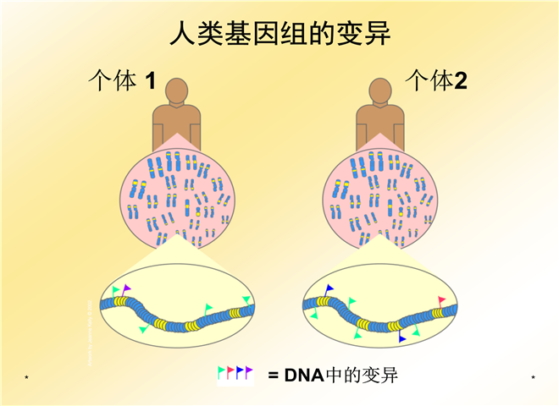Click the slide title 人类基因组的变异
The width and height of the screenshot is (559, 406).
pyautogui.click(x=279, y=35)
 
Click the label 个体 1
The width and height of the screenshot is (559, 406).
pyautogui.click(x=123, y=82)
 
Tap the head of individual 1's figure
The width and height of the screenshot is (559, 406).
pyautogui.click(x=177, y=91)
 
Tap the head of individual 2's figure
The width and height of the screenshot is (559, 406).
pyautogui.click(x=378, y=91)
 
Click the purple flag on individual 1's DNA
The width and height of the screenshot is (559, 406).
pyautogui.click(x=126, y=289)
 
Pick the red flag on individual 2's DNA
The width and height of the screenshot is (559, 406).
pyautogui.click(x=441, y=300)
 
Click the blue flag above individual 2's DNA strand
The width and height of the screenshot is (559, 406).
pyautogui.click(x=329, y=288)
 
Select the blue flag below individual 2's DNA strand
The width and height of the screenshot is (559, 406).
pyautogui.click(x=403, y=337)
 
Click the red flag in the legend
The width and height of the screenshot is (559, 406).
pyautogui.click(x=230, y=371)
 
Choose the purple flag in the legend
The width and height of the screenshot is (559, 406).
pyautogui.click(x=249, y=370)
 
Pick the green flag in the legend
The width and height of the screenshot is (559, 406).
pyautogui.click(x=222, y=371)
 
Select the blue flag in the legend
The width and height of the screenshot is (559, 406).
pyautogui.click(x=240, y=371)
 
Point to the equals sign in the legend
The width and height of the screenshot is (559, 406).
pyautogui.click(x=273, y=376)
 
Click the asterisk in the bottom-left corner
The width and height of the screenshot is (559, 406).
pyautogui.click(x=27, y=376)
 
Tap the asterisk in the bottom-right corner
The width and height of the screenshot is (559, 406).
pyautogui.click(x=533, y=376)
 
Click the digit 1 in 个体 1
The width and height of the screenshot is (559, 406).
pyautogui.click(x=151, y=82)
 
